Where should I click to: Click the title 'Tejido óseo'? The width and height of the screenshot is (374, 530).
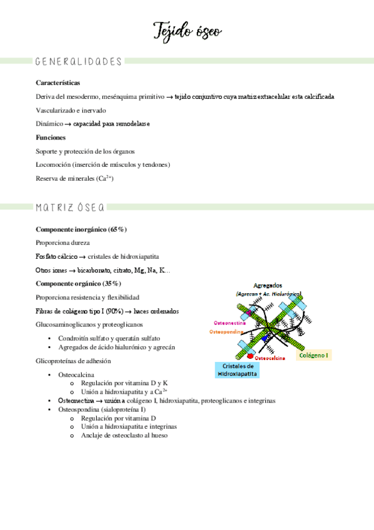click(x=187, y=31)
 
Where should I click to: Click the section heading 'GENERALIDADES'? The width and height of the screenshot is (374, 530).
click(x=79, y=61)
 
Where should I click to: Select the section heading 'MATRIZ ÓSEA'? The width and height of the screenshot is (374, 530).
click(x=70, y=207)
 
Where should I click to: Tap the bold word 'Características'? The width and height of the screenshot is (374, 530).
click(x=58, y=82)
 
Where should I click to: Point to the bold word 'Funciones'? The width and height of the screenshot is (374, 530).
click(x=51, y=137)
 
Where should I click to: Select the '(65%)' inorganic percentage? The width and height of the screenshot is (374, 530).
click(x=116, y=229)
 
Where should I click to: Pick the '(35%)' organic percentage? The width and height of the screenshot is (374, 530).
click(x=109, y=284)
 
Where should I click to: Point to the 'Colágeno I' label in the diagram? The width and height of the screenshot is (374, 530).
click(x=313, y=355)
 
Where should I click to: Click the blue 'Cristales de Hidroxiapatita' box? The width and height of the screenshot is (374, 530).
click(x=237, y=369)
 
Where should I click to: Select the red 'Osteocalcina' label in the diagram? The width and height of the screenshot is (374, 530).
click(x=270, y=358)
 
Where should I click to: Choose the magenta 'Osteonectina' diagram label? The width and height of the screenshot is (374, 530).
click(x=230, y=323)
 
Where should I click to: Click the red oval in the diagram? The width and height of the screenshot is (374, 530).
click(x=250, y=357)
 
